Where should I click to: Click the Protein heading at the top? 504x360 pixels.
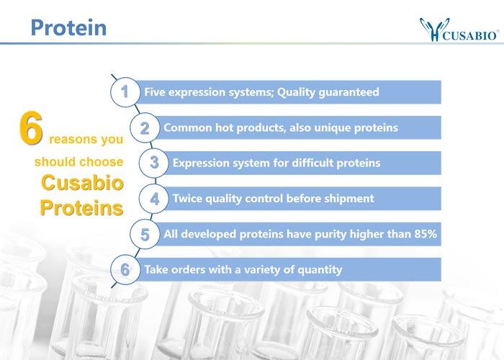coord(68,27)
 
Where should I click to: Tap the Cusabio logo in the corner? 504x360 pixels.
coord(459,30)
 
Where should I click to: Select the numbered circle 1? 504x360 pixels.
coord(125,92)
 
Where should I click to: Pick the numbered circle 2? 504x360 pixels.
coord(145,127)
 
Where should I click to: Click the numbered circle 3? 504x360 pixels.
coord(154,163)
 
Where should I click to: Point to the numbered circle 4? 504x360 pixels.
coord(154,199)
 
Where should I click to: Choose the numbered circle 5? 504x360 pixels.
coord(145,234)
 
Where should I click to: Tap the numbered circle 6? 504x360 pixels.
coord(125,269)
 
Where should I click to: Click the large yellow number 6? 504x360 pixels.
coord(31,128)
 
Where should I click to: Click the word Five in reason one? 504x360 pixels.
coord(155,92)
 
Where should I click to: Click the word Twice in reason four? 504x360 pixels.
coord(187,198)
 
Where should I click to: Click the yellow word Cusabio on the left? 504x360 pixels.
coord(82,183)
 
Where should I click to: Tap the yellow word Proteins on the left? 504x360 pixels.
coord(81,207)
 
